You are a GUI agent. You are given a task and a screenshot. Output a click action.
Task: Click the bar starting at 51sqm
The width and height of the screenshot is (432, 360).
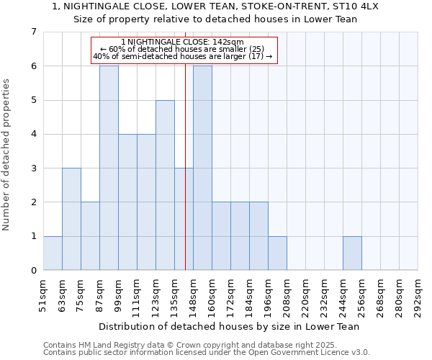(x=53, y=253)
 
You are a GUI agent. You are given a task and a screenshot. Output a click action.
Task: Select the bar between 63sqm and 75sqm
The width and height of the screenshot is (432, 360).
(x=71, y=219)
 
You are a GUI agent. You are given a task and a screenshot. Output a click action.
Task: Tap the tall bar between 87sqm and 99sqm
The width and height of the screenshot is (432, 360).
(x=109, y=168)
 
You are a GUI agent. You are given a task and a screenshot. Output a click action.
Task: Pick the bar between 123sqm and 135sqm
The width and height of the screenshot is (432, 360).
(x=165, y=185)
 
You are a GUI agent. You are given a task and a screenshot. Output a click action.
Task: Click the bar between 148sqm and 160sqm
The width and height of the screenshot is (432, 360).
(x=202, y=168)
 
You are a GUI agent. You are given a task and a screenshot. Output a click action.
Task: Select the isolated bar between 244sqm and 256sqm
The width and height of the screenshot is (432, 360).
(x=352, y=253)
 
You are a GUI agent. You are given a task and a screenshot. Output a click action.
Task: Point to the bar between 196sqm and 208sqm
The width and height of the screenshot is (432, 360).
(x=277, y=253)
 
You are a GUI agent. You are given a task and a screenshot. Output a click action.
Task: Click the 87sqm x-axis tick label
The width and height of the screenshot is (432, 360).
(x=99, y=295)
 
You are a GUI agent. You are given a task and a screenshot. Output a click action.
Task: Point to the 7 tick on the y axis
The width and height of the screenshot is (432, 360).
(x=34, y=32)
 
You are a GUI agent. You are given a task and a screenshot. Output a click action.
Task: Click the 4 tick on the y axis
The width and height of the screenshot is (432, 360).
(x=34, y=134)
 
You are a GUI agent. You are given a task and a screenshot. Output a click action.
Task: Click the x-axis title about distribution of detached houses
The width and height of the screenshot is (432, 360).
(x=230, y=326)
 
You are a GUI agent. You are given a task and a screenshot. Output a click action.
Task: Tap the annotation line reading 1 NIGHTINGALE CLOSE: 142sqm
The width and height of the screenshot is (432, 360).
(x=183, y=42)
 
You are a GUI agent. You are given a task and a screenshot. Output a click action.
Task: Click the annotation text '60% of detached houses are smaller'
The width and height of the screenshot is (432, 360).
(x=183, y=49)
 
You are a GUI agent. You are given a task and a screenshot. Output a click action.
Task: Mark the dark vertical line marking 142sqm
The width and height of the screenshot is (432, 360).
(x=185, y=180)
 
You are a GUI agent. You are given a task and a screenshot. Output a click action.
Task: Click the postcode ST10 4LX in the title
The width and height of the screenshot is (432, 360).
(x=361, y=6)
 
